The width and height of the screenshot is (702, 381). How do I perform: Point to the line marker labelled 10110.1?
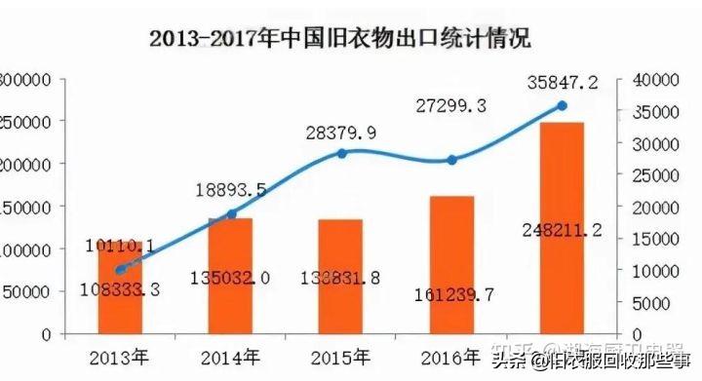(x=120, y=270)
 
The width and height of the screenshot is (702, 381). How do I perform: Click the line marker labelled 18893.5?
(x=231, y=213)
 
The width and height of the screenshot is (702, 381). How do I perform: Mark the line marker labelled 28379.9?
(x=341, y=153)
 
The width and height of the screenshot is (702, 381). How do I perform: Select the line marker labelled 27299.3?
(x=451, y=160)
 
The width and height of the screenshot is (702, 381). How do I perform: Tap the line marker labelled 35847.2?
(x=562, y=105)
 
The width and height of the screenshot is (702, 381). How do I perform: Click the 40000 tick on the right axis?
(x=654, y=79)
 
